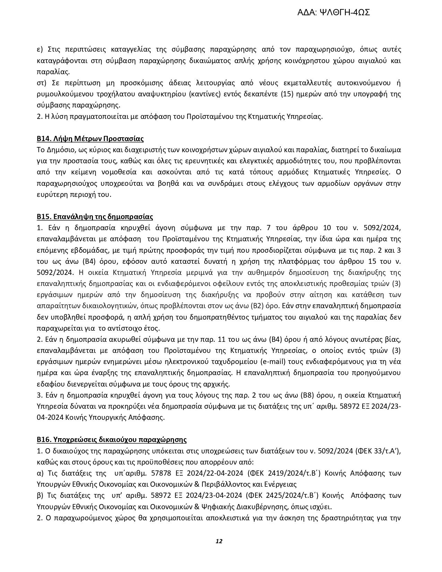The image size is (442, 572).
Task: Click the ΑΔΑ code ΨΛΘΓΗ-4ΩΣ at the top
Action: pyautogui.click(x=333, y=13)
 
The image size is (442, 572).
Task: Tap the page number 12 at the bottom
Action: pyautogui.click(x=219, y=541)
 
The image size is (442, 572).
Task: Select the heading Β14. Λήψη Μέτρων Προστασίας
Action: pyautogui.click(x=90, y=139)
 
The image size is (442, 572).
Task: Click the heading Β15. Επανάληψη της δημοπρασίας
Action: pyautogui.click(x=95, y=217)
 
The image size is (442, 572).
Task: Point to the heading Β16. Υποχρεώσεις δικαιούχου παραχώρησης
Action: pyautogui.click(x=112, y=440)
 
